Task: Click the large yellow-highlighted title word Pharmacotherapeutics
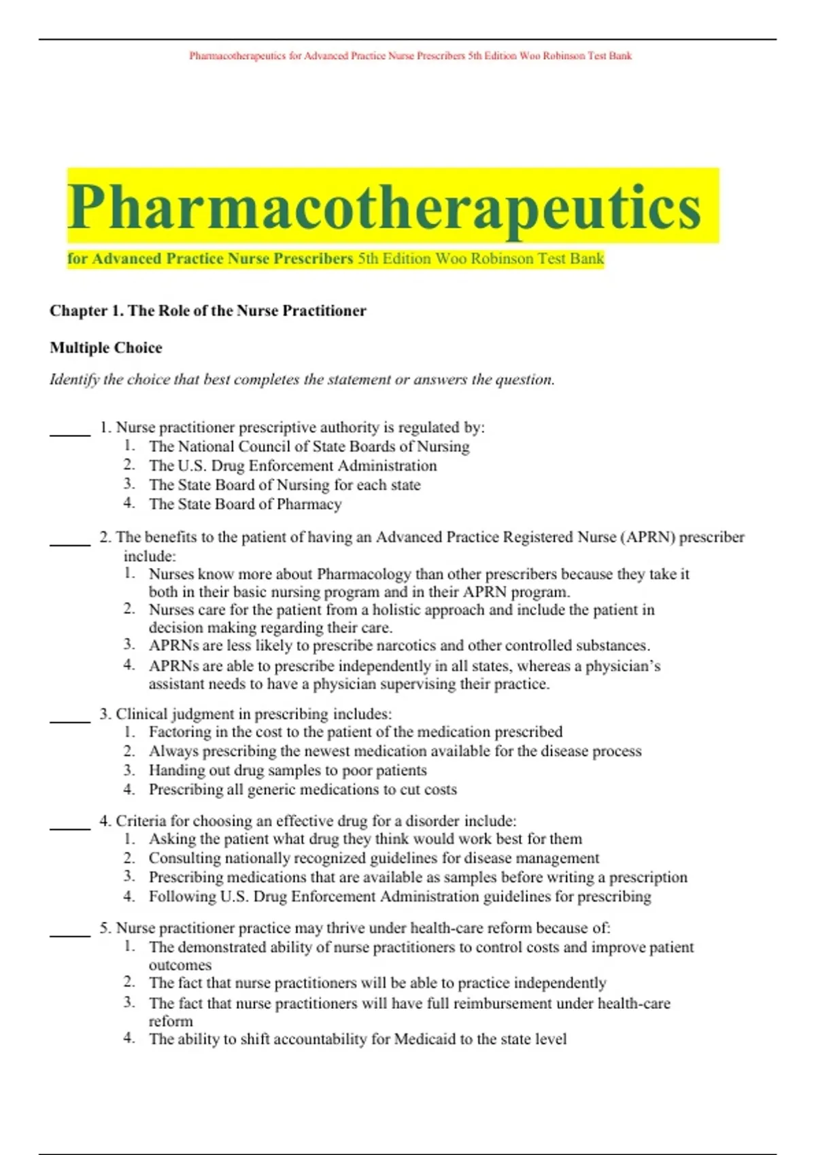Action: coord(384,207)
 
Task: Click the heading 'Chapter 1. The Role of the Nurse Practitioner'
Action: coord(207,310)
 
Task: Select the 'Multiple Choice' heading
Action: coord(105,348)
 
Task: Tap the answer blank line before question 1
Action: coord(69,433)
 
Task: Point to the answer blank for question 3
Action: coord(69,720)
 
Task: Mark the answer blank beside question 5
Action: coord(69,935)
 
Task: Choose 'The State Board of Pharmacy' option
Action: coord(245,504)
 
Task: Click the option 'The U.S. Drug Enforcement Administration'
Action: coord(292,466)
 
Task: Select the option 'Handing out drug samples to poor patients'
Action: coord(288,770)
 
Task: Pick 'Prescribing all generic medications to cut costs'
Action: coord(303,789)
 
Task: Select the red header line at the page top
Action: coord(410,56)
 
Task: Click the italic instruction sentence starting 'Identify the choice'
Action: coord(302,380)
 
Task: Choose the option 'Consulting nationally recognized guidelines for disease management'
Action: coord(374,858)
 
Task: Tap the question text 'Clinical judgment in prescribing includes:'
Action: coord(253,714)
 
